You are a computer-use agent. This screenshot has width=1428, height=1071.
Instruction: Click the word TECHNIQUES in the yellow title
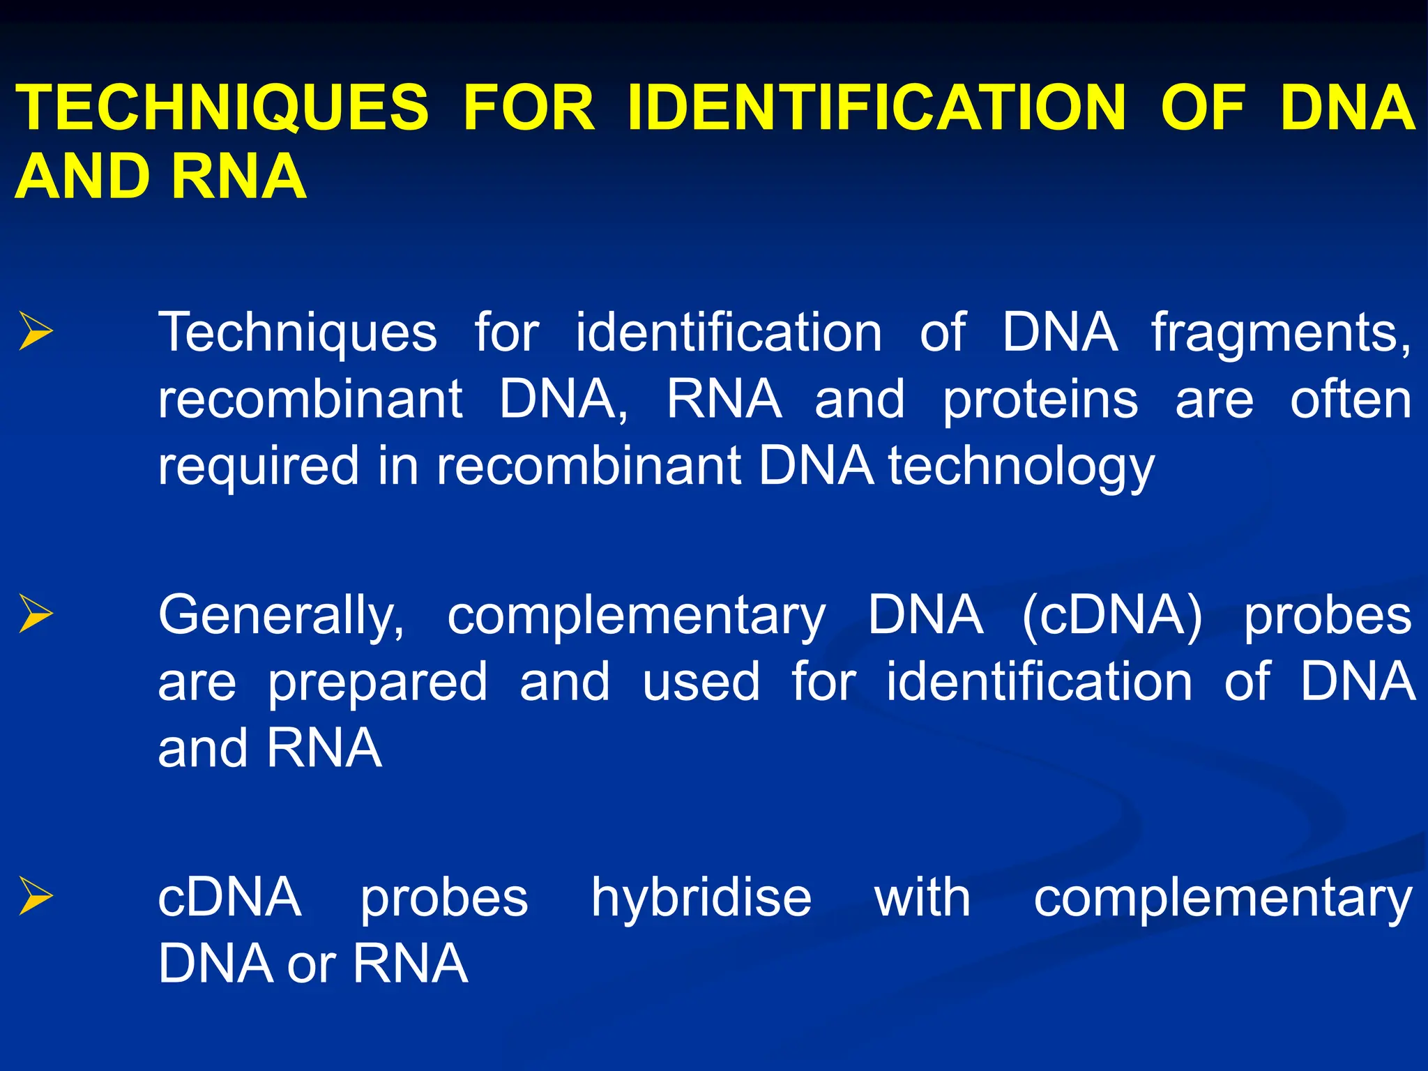tap(222, 108)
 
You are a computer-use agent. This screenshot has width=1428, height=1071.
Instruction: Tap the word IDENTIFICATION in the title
tap(876, 108)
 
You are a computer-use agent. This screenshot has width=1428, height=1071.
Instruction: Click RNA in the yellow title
tap(238, 176)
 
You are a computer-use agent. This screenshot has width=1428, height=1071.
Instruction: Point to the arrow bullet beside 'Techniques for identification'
tap(36, 331)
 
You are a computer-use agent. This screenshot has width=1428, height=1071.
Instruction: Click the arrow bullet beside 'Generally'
tap(36, 614)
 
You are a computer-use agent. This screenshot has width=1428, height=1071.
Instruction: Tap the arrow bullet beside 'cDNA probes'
tap(36, 896)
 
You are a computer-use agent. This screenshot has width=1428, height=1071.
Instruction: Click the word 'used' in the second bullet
tap(701, 682)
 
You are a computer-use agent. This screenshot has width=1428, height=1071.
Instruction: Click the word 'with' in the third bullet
tap(922, 898)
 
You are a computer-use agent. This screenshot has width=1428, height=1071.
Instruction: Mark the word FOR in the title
tap(529, 108)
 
